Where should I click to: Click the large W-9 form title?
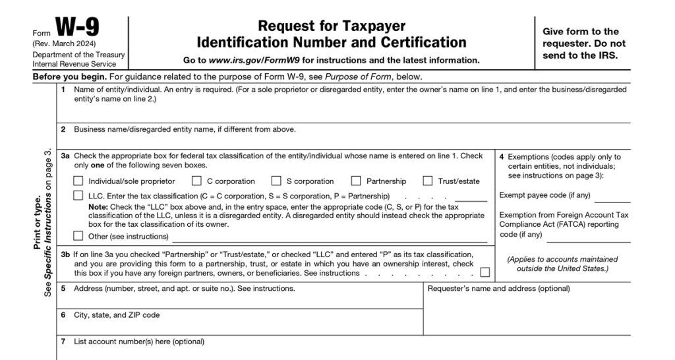coord(78,28)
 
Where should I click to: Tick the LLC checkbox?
coord(78,196)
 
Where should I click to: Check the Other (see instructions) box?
coord(78,236)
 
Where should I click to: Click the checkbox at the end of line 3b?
coord(485,272)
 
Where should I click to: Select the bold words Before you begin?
coord(61,76)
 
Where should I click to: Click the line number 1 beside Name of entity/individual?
coord(63,89)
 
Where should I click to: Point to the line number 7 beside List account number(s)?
coord(63,342)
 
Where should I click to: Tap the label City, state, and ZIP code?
coord(116,315)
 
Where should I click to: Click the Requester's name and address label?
coord(498,289)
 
